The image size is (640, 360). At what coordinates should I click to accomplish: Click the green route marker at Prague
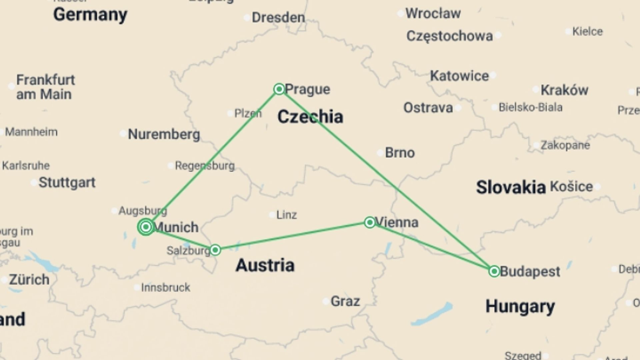point(279,89)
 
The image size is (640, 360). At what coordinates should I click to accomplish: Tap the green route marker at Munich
point(146,227)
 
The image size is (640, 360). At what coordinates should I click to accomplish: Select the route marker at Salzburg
point(215,250)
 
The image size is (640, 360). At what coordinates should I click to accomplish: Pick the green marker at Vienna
point(370,222)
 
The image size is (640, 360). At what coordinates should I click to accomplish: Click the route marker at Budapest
point(494,271)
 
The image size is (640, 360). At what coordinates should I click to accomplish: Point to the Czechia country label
point(310,117)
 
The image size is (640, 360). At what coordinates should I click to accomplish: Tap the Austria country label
point(265,265)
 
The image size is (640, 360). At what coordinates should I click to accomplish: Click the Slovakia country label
point(510,187)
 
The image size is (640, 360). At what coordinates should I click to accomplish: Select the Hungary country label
point(520,306)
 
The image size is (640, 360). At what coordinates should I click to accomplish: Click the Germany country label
point(90,15)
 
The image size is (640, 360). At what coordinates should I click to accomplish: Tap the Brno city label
point(400,153)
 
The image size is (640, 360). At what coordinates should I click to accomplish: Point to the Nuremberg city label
point(164,134)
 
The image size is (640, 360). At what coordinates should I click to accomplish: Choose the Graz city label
point(345,301)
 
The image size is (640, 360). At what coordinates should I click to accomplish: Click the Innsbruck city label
point(165,287)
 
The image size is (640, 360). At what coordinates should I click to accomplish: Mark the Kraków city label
point(564,90)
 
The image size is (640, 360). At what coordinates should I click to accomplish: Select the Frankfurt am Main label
point(46,87)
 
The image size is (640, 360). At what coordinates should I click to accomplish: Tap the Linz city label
point(286,215)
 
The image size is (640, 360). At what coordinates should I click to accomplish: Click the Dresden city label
point(278,18)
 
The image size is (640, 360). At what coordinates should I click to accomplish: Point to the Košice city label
point(571,186)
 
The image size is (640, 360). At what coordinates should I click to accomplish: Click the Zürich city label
point(29,279)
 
